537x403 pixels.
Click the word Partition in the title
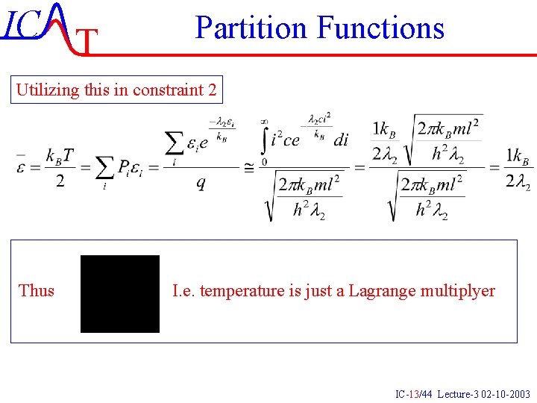[x=251, y=28]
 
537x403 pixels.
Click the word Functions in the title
[x=380, y=28]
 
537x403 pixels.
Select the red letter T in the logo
[x=88, y=43]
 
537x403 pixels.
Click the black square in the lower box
[x=120, y=293]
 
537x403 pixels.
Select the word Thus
[x=37, y=290]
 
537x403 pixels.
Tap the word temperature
[x=240, y=290]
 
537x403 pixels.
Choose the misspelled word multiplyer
[x=458, y=290]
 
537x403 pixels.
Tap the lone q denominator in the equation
[x=201, y=183]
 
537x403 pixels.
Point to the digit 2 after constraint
[x=213, y=90]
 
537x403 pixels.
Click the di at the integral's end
[x=341, y=140]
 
